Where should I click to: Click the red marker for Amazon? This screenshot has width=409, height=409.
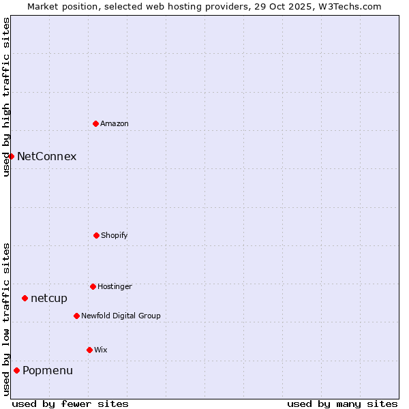(96, 123)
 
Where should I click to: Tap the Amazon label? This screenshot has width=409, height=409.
(115, 124)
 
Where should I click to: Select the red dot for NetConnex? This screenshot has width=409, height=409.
(12, 156)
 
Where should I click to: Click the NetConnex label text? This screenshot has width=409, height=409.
(46, 156)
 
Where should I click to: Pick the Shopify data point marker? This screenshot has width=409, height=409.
(96, 235)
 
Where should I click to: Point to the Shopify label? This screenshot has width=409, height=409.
(115, 236)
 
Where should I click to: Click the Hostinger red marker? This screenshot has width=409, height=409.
(93, 286)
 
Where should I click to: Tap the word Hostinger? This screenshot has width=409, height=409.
(115, 287)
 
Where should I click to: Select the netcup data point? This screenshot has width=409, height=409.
(25, 298)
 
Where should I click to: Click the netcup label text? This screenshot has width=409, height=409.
(49, 299)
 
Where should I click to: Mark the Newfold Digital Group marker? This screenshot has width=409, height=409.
(76, 316)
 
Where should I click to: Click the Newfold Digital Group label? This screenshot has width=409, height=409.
(121, 316)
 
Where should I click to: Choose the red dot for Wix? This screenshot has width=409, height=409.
(89, 350)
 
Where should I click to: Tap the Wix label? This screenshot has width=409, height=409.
(101, 350)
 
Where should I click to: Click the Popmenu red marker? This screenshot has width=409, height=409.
(16, 370)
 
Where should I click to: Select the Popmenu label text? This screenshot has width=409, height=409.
(48, 371)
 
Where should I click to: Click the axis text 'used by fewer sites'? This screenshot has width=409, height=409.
(70, 404)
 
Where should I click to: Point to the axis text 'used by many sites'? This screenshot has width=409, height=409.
(342, 404)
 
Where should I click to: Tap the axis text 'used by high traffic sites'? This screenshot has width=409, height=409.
(6, 97)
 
